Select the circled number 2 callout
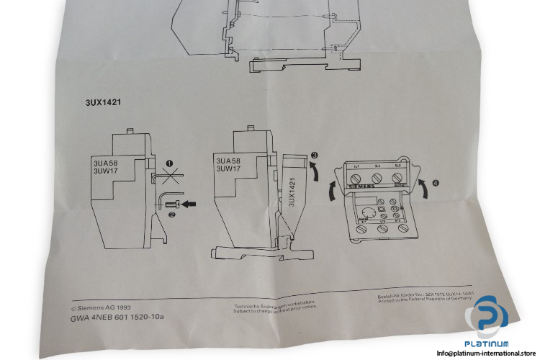(x=171, y=213)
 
